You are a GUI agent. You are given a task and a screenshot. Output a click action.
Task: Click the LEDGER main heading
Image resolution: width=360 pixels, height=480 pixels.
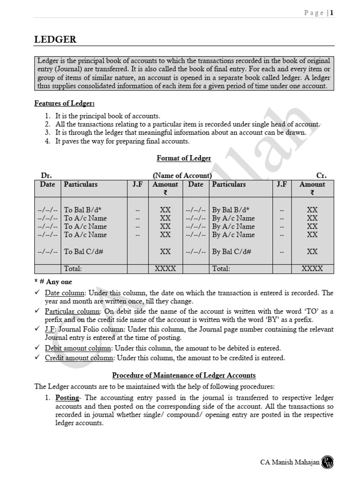pyautogui.click(x=55, y=40)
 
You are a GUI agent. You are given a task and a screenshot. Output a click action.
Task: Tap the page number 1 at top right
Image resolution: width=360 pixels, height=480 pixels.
pyautogui.click(x=331, y=13)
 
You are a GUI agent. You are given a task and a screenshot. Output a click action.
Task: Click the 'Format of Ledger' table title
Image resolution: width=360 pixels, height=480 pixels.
pyautogui.click(x=184, y=158)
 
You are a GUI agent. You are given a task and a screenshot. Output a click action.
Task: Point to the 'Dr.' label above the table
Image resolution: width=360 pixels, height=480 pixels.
pyautogui.click(x=46, y=175)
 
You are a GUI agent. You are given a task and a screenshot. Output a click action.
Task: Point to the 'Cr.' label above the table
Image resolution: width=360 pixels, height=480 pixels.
pyautogui.click(x=322, y=175)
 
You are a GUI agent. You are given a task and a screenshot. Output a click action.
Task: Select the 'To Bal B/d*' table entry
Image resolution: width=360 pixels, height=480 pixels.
pyautogui.click(x=83, y=210)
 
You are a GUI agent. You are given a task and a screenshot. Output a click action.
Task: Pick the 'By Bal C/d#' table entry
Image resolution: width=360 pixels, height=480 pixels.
pyautogui.click(x=232, y=251)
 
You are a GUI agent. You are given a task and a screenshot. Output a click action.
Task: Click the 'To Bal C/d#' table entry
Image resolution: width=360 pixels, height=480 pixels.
pyautogui.click(x=83, y=251)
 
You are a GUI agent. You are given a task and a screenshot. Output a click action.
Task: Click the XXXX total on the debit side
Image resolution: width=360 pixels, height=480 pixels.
pyautogui.click(x=165, y=269)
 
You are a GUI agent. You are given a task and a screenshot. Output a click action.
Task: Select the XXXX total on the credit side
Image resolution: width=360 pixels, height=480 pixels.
pyautogui.click(x=312, y=269)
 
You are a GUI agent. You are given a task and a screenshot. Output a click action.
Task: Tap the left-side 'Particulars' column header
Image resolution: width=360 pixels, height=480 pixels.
pyautogui.click(x=81, y=184)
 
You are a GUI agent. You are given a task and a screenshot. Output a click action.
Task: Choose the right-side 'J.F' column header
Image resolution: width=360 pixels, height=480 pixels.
pyautogui.click(x=282, y=184)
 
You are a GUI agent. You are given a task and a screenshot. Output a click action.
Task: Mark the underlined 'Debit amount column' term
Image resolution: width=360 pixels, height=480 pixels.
pyautogui.click(x=78, y=348)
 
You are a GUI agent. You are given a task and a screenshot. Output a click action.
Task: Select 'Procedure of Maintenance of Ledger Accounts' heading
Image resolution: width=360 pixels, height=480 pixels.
pyautogui.click(x=184, y=375)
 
